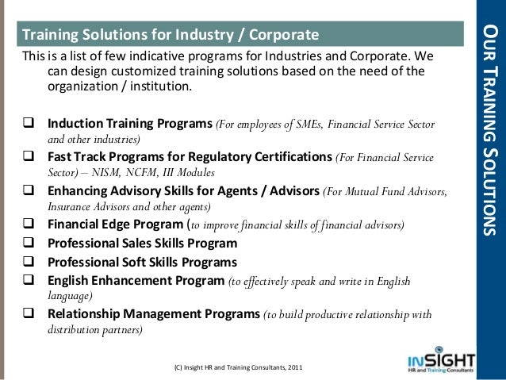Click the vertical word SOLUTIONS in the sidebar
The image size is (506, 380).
(491, 183)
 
